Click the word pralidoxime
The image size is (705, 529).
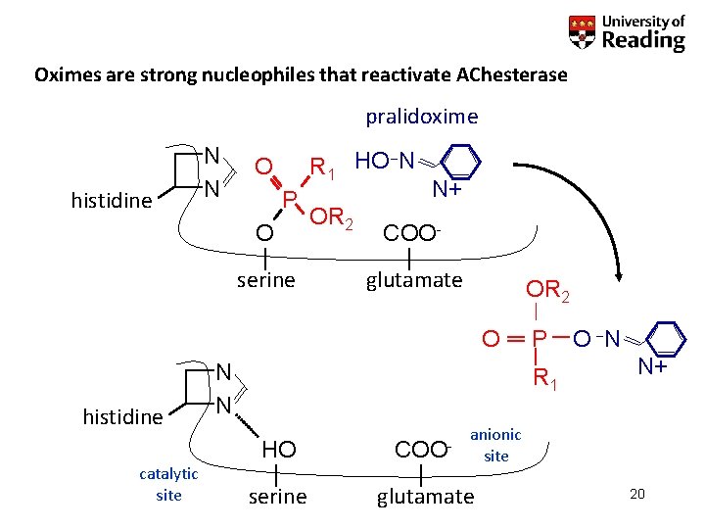point(422,118)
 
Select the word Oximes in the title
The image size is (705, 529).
point(64,74)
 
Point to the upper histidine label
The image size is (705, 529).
point(113,201)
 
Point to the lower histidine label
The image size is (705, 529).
point(122,417)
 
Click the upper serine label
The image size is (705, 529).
point(266,280)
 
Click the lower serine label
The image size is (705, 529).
point(277,497)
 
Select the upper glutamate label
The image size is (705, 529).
point(413,280)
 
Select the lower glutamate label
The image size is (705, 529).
point(425,497)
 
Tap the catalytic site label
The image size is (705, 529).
point(168,484)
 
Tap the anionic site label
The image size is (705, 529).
point(495,445)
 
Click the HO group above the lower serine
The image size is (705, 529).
point(278,449)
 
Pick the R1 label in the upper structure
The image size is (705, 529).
point(322,169)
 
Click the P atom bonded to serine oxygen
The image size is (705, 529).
point(290,200)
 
